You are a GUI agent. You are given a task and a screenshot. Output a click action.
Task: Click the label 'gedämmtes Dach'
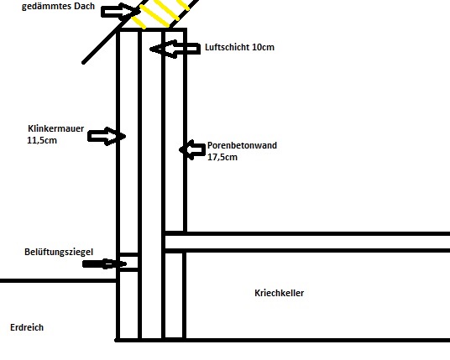click(58, 7)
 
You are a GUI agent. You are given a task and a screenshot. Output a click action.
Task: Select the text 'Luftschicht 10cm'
click(239, 47)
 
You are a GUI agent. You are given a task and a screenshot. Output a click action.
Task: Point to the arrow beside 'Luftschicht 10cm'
click(175, 49)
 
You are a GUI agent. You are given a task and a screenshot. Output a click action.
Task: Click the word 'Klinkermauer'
click(56, 128)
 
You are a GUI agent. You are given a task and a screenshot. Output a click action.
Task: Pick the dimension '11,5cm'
click(42, 140)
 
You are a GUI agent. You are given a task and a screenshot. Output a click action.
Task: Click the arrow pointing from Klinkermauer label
click(107, 136)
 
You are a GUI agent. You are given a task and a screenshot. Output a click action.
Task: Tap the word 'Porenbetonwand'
click(243, 145)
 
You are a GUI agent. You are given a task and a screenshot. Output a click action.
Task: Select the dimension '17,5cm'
click(222, 157)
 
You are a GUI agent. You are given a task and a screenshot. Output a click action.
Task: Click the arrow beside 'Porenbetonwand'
click(192, 149)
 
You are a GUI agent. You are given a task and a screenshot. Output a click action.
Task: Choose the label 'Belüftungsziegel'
click(59, 252)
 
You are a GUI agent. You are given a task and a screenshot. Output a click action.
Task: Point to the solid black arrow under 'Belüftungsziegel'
click(104, 263)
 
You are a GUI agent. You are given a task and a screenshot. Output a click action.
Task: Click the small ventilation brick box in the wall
click(128, 262)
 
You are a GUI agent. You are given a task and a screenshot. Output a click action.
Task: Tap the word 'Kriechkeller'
click(280, 293)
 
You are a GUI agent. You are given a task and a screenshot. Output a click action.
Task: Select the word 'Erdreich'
click(27, 327)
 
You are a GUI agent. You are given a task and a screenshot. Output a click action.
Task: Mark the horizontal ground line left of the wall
click(58, 280)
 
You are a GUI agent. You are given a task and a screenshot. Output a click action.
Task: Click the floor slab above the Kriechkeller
click(307, 243)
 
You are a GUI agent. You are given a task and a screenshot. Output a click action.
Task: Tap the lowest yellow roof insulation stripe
click(139, 23)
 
